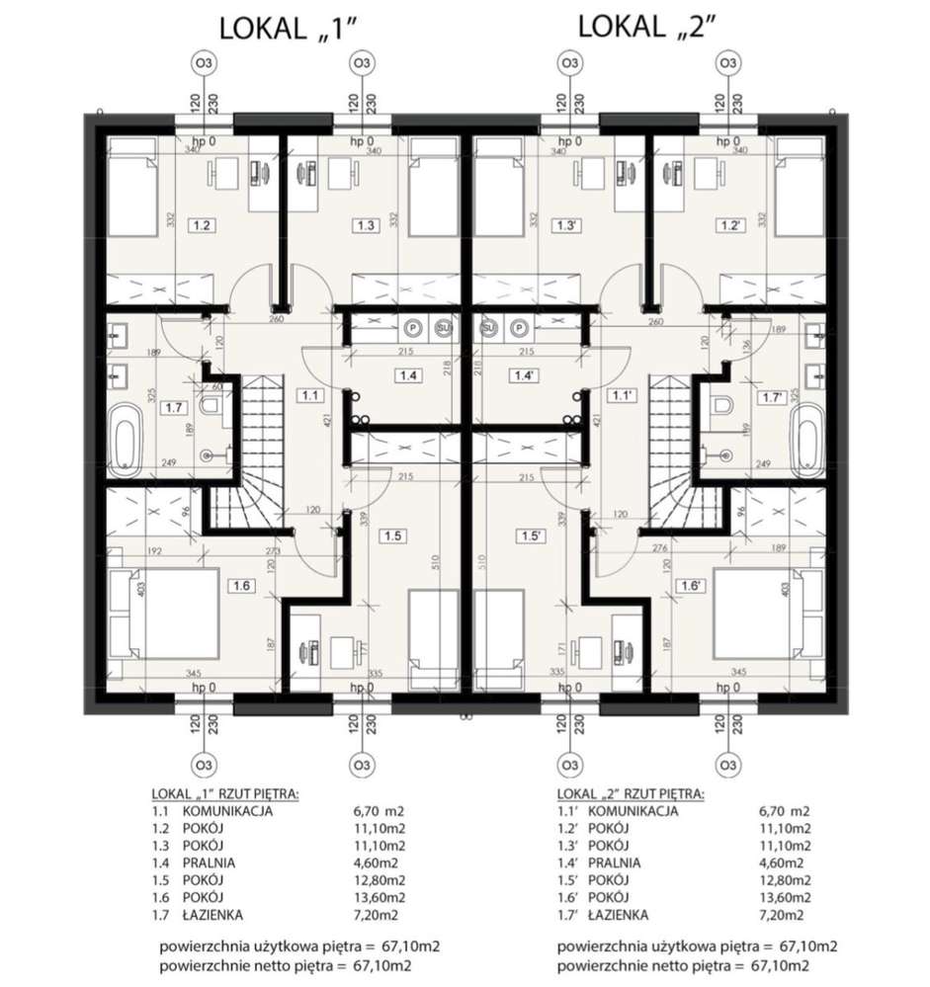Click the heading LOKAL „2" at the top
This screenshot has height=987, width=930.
tap(648, 27)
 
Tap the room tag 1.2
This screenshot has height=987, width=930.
tap(202, 225)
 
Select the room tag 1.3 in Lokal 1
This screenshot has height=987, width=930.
tap(365, 225)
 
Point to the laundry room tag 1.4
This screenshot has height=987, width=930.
tap(407, 374)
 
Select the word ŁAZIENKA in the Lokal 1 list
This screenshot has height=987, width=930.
tap(214, 915)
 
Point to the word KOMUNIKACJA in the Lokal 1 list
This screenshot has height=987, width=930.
tap(226, 811)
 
